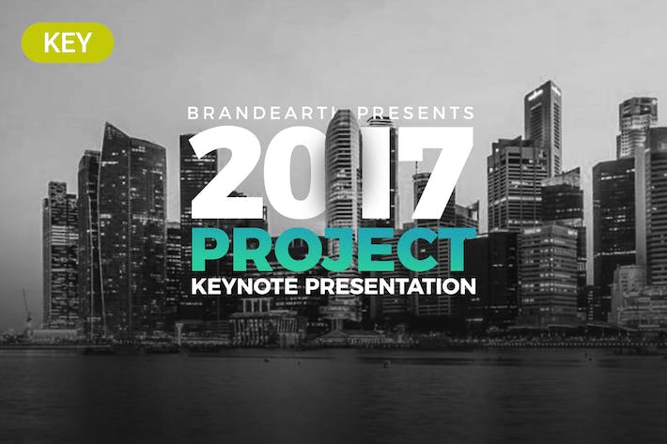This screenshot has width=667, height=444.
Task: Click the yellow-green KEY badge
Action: click(x=68, y=42)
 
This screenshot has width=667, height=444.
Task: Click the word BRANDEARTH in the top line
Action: click(x=268, y=113)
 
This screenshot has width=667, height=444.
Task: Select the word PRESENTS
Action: click(x=415, y=113)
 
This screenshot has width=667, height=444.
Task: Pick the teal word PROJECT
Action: click(x=333, y=251)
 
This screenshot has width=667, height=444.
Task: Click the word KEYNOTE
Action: click(x=244, y=286)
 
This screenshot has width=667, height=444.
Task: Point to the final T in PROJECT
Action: click(x=457, y=251)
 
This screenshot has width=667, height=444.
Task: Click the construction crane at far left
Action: click(x=27, y=307)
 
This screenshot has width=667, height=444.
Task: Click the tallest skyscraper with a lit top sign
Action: click(x=543, y=128)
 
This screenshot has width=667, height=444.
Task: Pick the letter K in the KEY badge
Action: click(x=51, y=42)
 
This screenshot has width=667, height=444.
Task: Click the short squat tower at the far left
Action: click(x=60, y=255)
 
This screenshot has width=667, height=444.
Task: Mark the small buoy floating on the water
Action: click(x=386, y=363)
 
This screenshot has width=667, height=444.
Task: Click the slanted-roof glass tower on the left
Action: click(x=132, y=229)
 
